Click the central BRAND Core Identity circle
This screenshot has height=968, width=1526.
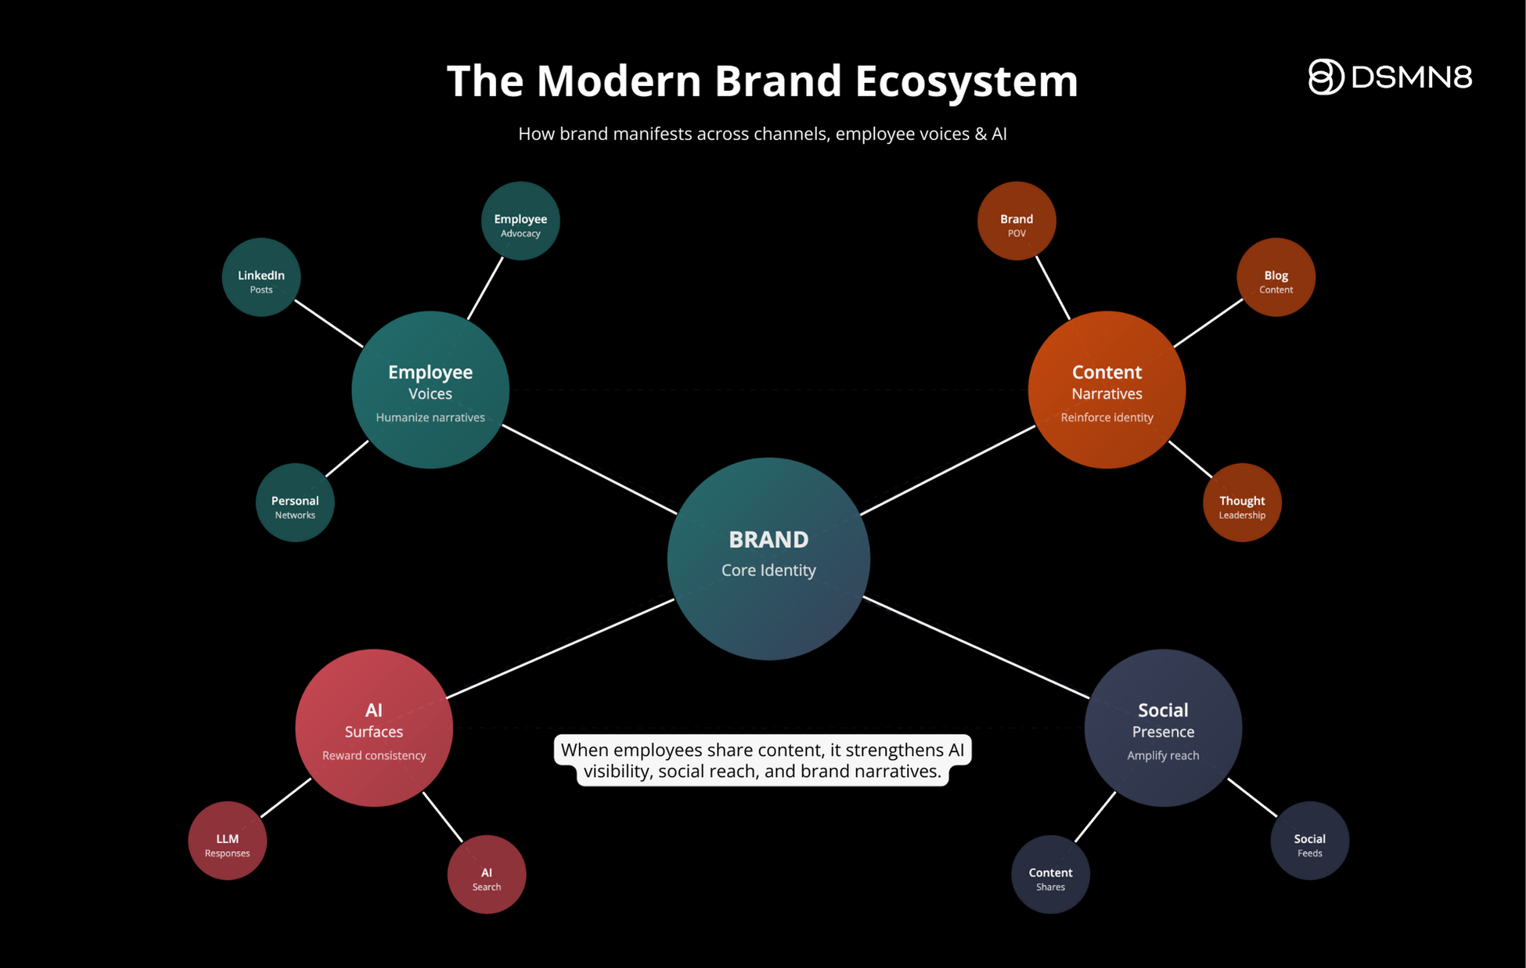tap(768, 558)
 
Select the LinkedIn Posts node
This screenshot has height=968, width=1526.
tap(261, 277)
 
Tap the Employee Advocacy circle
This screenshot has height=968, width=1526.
tap(520, 221)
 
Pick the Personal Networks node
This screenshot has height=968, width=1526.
tap(295, 502)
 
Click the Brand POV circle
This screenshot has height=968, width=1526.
tap(1017, 221)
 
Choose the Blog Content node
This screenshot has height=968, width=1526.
tap(1276, 277)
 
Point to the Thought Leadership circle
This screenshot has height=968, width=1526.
tap(1242, 502)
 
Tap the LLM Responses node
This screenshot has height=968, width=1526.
tap(227, 840)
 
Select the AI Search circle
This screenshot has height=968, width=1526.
tap(487, 874)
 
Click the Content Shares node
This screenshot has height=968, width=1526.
tap(1050, 874)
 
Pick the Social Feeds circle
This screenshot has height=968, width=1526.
tap(1310, 840)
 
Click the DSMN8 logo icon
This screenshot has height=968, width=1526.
tap(1326, 77)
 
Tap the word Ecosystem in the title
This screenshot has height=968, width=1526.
tap(966, 81)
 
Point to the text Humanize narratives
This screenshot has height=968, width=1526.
tap(430, 418)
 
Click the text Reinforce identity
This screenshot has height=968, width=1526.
tap(1107, 418)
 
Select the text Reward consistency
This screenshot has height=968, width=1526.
tap(374, 756)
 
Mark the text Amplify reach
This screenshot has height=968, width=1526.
tap(1163, 756)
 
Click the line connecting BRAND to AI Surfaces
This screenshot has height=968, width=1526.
tap(560, 648)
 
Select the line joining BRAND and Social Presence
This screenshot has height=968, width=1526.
tap(976, 647)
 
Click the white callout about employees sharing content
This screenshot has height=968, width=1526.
tap(762, 760)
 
